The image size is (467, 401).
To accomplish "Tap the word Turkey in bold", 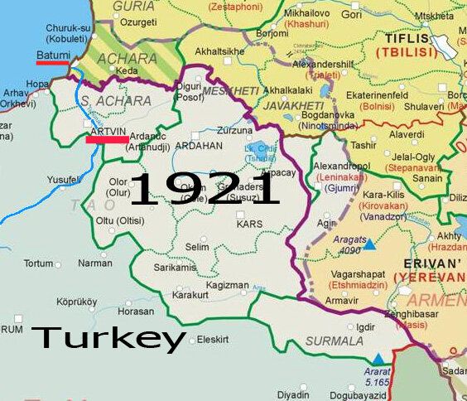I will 108,338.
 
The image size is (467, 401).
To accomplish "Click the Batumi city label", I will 54,55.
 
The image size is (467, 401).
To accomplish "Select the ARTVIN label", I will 105,131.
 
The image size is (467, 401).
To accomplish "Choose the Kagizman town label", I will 228,285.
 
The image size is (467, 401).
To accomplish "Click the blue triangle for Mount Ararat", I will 378,359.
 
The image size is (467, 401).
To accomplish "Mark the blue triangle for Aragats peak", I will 370,246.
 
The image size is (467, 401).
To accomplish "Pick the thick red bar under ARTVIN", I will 106,140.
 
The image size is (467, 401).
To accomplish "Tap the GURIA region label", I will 135,7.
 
